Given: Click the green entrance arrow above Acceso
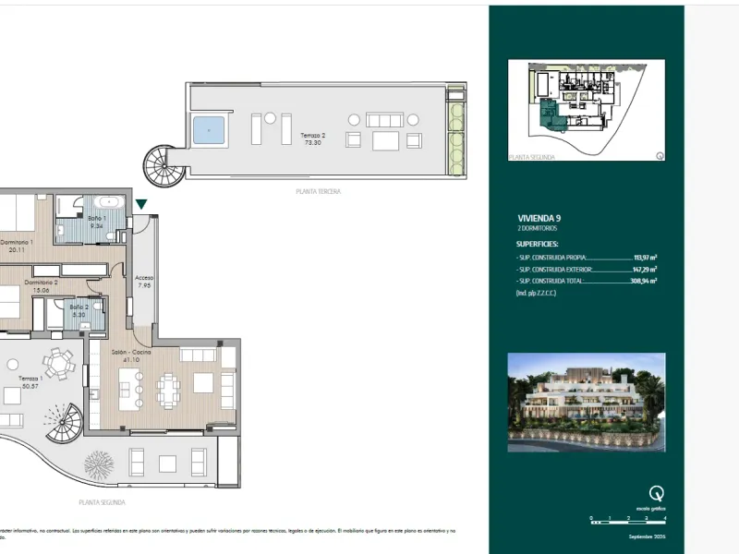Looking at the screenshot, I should tap(141, 205).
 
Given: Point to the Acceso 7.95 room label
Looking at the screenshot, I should tap(144, 282).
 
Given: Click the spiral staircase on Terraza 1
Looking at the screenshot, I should tap(65, 426).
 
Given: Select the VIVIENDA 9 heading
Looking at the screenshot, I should tap(538, 218).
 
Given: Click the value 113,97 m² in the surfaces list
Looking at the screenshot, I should tap(643, 259).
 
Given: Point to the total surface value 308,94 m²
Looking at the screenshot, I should tap(643, 281).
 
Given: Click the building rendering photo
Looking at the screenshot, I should tap(586, 402).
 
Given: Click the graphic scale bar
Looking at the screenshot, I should tap(627, 523).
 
